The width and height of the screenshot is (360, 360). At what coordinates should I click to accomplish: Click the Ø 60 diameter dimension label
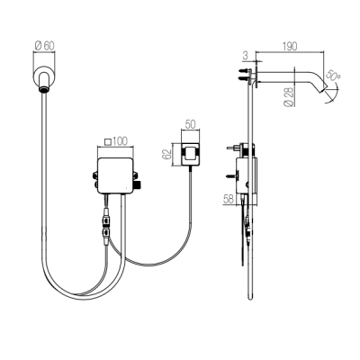(x=45, y=46)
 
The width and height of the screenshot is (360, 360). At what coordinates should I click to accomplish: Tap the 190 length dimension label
(x=290, y=47)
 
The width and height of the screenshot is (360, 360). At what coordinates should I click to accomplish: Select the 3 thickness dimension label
(x=245, y=56)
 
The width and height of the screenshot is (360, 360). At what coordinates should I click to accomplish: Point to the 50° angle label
(x=334, y=77)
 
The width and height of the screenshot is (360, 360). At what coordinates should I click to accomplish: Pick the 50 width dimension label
(x=190, y=124)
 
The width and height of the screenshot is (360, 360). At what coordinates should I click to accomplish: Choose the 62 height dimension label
(x=166, y=154)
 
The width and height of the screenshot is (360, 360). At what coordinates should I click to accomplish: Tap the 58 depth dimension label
(x=228, y=199)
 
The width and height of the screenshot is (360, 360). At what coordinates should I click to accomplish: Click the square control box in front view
(x=115, y=175)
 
